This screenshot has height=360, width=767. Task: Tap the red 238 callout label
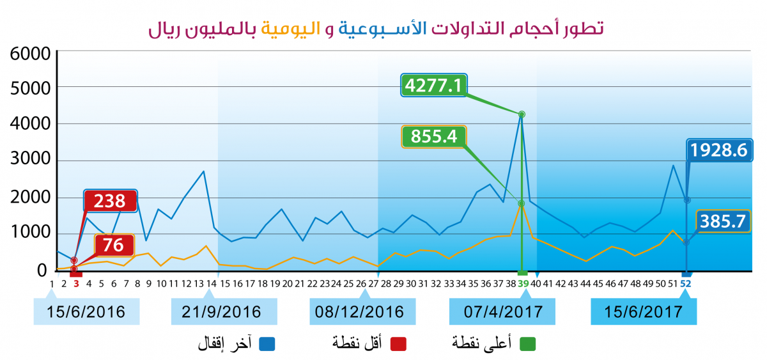111,201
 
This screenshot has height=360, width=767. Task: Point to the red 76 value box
114,246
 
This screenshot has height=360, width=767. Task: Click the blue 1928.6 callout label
718,150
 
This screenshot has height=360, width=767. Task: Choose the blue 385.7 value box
723,222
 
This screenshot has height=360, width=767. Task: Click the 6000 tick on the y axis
30,54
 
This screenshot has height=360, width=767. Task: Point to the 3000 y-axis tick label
30,161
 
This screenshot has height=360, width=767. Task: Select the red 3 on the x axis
76,283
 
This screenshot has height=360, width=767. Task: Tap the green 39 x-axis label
523,283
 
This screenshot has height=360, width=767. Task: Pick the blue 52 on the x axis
686,283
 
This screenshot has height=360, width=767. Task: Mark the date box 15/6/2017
643,312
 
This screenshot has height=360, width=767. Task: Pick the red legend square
399,344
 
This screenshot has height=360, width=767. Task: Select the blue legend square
267,344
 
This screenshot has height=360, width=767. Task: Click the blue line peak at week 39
522,114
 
